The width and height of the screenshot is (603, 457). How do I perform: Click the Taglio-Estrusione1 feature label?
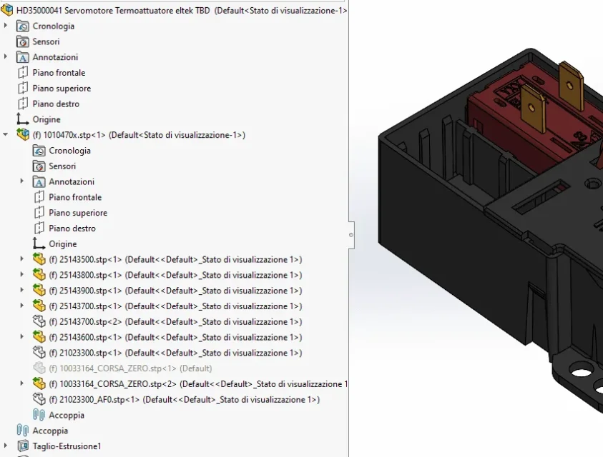[x=67, y=446]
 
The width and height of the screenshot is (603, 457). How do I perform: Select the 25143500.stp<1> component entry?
[x=175, y=260]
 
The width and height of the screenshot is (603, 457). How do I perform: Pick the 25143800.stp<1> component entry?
[x=175, y=275]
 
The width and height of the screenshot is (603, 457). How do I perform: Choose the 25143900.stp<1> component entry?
[x=175, y=291]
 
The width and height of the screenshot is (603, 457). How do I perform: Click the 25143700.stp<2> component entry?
[x=175, y=322]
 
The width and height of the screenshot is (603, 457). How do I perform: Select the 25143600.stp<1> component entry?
[x=175, y=337]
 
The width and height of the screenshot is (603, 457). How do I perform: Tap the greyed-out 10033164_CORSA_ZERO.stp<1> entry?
[x=130, y=368]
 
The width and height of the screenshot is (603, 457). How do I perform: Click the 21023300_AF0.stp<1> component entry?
[x=184, y=399]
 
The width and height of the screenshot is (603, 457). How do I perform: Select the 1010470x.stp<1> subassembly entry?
[x=139, y=135]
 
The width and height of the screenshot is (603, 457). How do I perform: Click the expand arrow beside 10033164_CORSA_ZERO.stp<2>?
[x=22, y=383]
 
